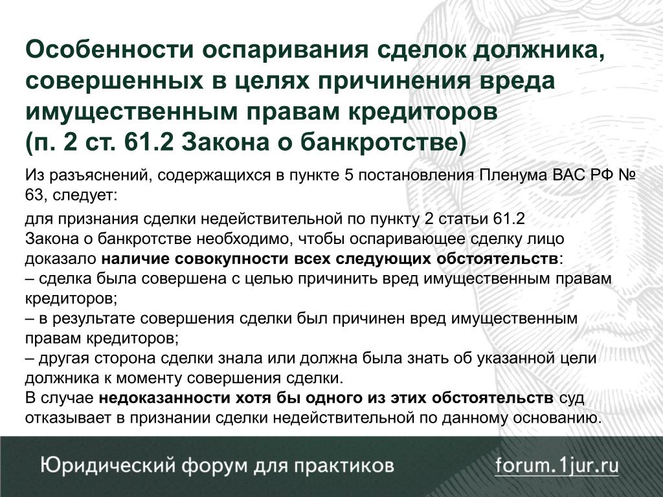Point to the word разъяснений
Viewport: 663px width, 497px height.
(100, 175)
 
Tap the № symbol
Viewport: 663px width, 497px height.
(627, 175)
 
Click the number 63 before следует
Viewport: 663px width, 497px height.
(34, 195)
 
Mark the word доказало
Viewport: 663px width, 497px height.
(60, 259)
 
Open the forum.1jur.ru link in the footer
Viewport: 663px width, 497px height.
(557, 466)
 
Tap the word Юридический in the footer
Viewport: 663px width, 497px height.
(108, 466)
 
